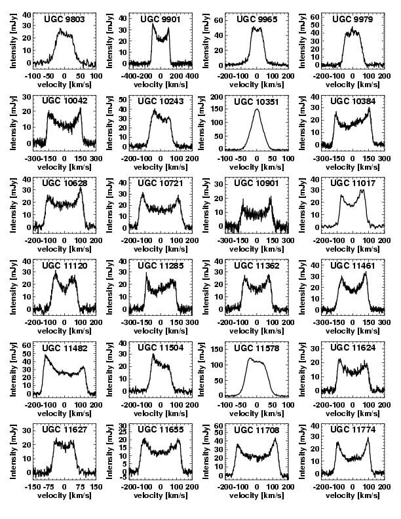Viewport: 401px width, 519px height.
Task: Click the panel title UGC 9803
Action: tap(64, 19)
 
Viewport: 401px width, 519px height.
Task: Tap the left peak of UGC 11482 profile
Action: tap(46, 355)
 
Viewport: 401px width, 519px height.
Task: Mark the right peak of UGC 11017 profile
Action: tap(362, 191)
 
